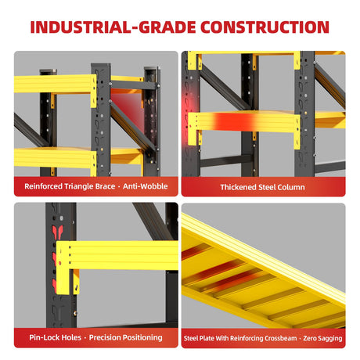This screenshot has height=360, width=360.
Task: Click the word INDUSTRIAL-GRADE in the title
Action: tap(113, 27)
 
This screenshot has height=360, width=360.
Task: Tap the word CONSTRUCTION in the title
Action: tap(265, 27)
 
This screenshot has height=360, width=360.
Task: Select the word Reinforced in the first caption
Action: tap(43, 186)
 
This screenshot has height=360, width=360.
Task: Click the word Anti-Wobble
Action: tap(146, 186)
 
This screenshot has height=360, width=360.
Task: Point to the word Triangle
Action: tap(78, 187)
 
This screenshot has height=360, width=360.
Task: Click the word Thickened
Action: tap(238, 187)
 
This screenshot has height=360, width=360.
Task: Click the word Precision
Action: tap(106, 337)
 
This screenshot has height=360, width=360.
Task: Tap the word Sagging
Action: tap(330, 339)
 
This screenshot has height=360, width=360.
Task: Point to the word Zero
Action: tap(310, 338)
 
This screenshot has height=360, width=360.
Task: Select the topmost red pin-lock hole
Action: tap(57, 232)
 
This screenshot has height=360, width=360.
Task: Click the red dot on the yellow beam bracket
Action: tap(60, 263)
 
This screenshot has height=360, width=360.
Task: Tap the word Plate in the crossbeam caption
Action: tap(206, 338)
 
